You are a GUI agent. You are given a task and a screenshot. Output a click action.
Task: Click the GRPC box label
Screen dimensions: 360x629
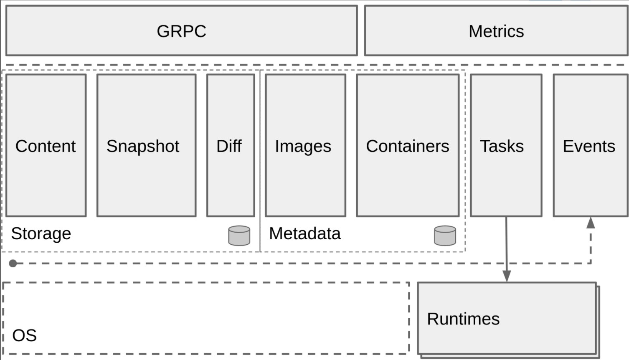coord(181,31)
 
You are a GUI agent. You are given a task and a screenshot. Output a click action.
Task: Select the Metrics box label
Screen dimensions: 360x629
coord(496,31)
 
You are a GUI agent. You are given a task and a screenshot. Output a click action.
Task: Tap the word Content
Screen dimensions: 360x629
coord(46,146)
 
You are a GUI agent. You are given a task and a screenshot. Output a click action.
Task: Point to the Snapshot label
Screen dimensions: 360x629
coord(142,146)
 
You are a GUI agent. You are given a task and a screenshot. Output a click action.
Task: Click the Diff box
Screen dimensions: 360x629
coord(230,146)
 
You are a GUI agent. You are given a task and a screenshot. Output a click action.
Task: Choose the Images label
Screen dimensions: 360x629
coord(303,146)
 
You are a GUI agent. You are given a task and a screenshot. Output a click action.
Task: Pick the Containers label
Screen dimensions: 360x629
coord(407,146)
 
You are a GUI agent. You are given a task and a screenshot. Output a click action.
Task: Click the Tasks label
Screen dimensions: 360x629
coord(502,146)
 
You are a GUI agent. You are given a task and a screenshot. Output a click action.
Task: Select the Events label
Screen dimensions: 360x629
coord(588,146)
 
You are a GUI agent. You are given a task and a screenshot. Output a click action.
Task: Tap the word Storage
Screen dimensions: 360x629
coord(41,233)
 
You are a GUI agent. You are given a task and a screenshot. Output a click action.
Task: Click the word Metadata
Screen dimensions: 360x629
coord(304,233)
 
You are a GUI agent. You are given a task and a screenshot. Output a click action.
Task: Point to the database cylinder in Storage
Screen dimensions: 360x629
coord(239,236)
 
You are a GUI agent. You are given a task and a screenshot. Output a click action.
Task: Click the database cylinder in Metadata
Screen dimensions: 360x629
coord(445,236)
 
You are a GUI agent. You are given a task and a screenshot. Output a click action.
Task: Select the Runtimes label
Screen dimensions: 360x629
coord(463,319)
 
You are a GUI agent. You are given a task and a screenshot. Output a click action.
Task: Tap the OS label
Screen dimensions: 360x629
coord(24,335)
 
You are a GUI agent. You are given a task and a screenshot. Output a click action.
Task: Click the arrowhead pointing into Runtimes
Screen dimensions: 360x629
coord(507,276)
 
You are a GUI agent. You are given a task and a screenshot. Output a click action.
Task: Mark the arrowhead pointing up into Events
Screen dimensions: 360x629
coord(591,223)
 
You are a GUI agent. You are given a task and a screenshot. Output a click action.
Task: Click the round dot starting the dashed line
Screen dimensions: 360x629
coord(13,264)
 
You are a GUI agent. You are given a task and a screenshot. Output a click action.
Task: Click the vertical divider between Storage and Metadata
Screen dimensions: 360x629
coord(260,167)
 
